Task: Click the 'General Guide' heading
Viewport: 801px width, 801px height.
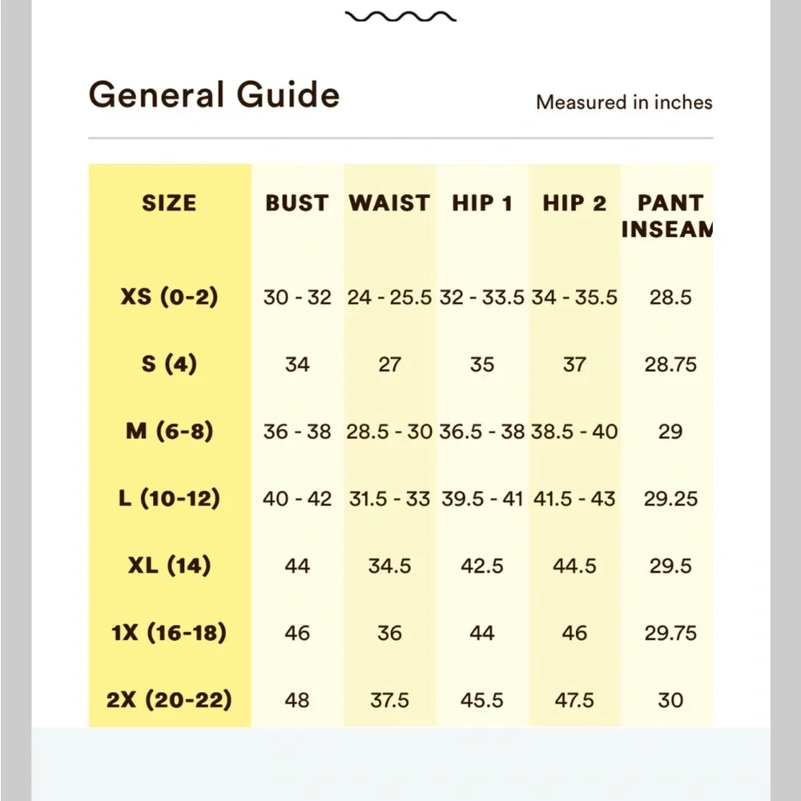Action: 214,96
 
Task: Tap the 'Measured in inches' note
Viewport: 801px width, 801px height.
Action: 624,103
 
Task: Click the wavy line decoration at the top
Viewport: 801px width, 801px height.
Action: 400,17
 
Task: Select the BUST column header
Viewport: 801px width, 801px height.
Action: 297,203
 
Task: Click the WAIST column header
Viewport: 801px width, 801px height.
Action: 389,203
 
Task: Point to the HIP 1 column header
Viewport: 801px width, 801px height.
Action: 482,203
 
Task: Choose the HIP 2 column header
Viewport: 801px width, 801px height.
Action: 574,203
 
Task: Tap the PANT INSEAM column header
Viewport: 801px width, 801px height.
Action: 669,215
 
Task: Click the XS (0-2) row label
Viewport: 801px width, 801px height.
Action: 169,297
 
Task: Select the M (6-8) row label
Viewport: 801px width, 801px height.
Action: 169,432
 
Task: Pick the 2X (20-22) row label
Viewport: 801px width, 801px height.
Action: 169,700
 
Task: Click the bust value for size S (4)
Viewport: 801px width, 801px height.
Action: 297,364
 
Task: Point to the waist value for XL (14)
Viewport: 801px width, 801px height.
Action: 389,566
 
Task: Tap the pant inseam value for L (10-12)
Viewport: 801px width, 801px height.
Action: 670,499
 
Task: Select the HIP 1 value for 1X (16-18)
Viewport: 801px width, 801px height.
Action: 482,634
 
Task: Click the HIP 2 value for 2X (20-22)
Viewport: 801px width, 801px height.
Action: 574,701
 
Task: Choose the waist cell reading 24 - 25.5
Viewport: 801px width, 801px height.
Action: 389,298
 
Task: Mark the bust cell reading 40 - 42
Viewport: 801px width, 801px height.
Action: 297,499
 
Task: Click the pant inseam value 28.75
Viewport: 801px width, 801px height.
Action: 670,364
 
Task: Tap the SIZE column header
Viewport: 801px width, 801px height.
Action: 169,203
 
